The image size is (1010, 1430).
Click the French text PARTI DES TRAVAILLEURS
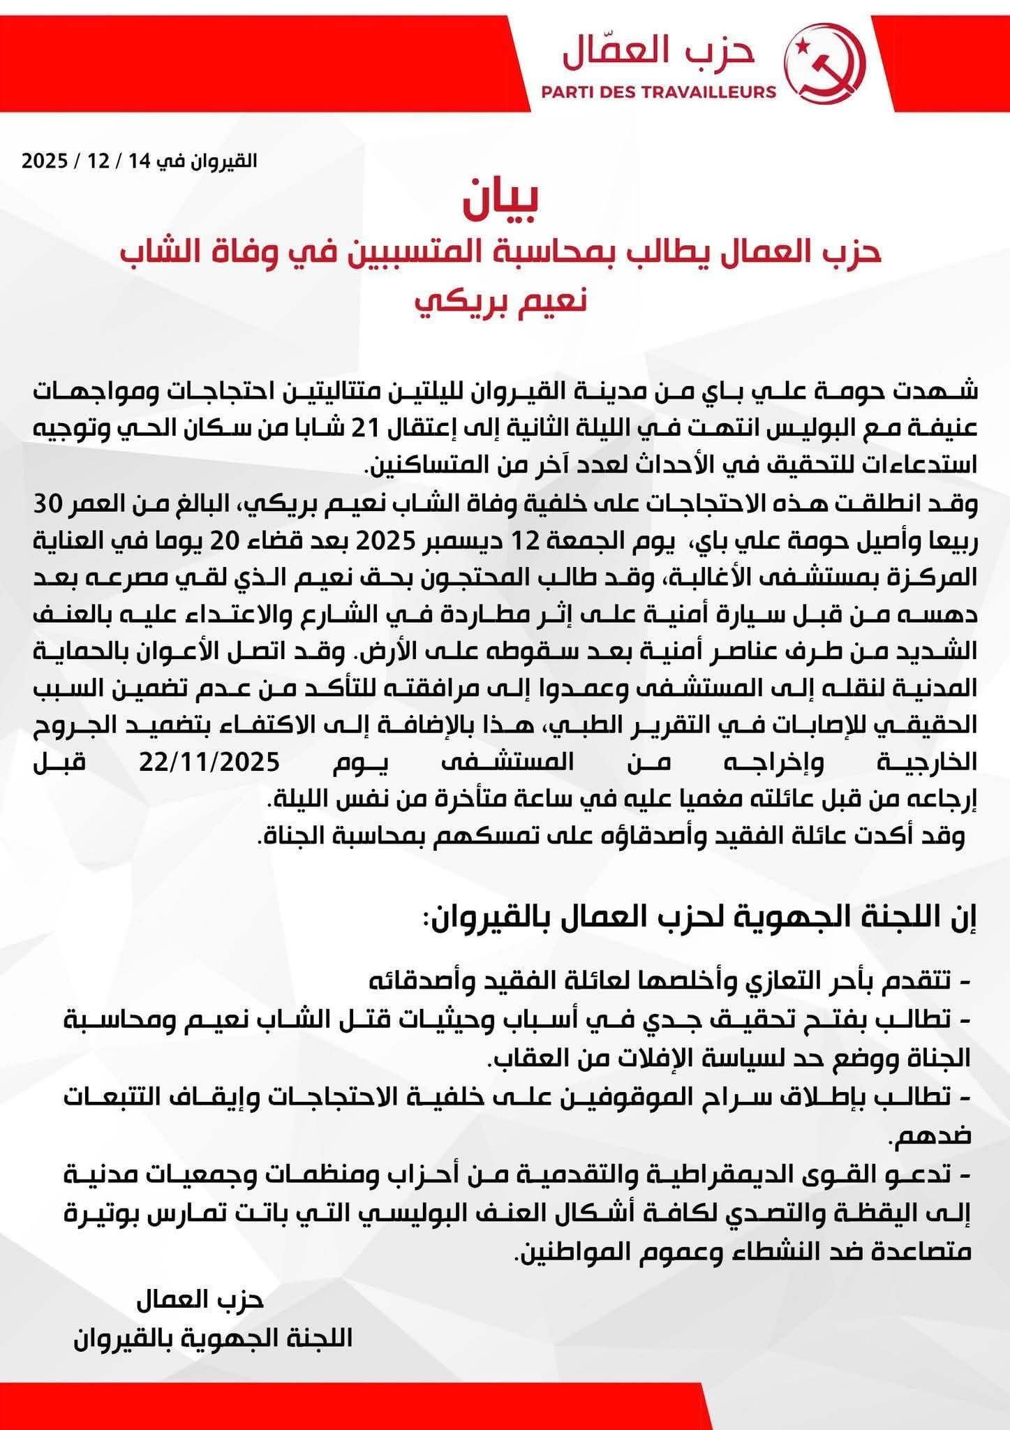(x=659, y=91)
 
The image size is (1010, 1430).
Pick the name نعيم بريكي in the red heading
(x=500, y=302)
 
